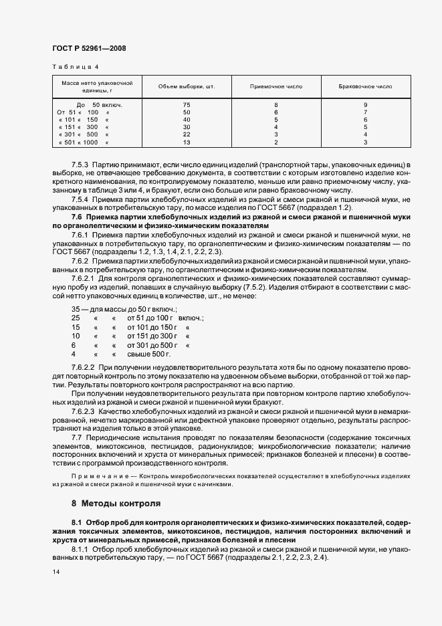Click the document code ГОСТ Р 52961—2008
coord(88,48)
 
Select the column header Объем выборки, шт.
coord(186,87)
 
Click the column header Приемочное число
coord(275,87)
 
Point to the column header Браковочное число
coord(365,87)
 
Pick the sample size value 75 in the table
coord(187,105)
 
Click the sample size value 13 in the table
coord(187,142)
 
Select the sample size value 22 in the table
coord(187,134)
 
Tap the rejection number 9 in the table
coord(365,105)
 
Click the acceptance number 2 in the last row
coord(275,142)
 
